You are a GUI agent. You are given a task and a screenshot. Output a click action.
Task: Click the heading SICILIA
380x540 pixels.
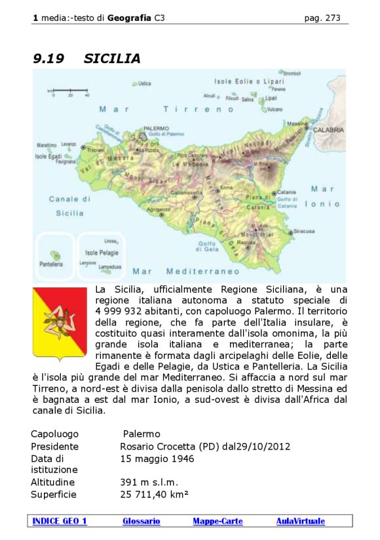click(112, 59)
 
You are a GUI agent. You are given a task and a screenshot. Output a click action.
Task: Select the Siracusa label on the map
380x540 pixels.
click(304, 231)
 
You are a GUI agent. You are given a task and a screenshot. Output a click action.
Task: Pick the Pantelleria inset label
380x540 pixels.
click(51, 264)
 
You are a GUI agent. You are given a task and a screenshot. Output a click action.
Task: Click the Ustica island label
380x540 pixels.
click(144, 83)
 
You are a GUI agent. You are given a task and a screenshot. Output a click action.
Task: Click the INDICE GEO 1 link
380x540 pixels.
click(60, 521)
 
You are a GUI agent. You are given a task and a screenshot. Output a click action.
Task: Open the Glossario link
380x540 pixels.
click(141, 521)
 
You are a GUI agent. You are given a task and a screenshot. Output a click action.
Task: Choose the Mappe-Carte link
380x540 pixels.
click(218, 521)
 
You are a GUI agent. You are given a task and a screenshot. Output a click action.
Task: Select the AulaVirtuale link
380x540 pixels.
click(300, 521)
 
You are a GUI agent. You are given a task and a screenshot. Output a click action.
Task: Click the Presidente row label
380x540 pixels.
click(54, 447)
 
